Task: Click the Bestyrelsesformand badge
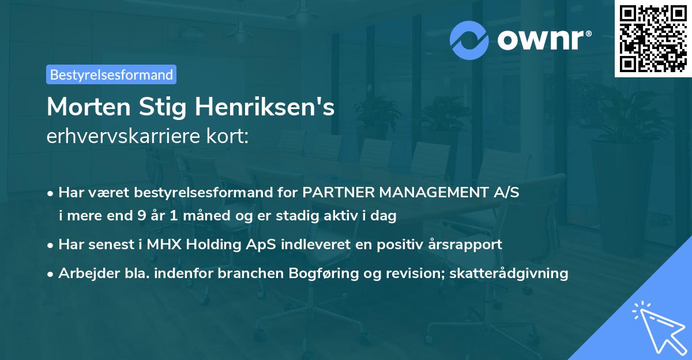click(111, 74)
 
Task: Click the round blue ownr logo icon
click(469, 40)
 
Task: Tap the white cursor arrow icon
click(657, 325)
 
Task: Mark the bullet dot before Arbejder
click(51, 273)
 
